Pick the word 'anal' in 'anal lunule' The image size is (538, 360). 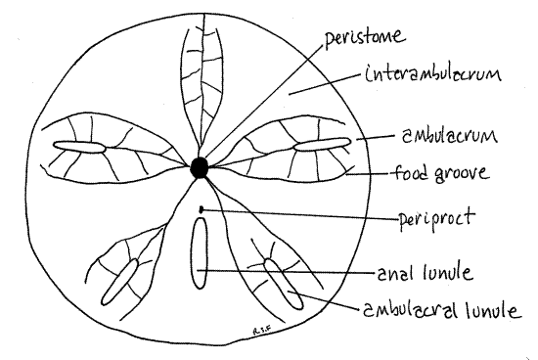(394, 272)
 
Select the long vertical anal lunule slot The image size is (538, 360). (199, 252)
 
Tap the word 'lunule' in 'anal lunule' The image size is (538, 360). (450, 272)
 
